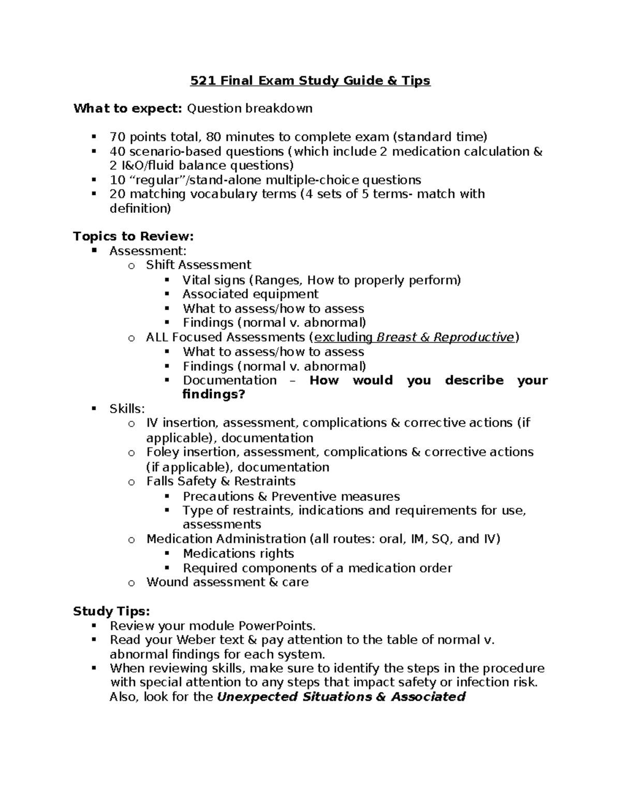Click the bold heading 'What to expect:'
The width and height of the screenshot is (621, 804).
click(x=127, y=108)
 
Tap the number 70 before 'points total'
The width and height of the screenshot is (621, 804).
click(x=117, y=137)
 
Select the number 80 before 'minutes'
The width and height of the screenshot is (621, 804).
click(x=214, y=137)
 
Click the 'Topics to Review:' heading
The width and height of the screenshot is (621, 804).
click(x=134, y=237)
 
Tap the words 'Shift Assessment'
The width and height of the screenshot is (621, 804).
click(x=199, y=265)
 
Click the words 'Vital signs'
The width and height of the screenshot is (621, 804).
click(x=214, y=281)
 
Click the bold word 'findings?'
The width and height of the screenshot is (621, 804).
click(x=214, y=394)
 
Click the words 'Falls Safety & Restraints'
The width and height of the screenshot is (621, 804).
click(x=221, y=481)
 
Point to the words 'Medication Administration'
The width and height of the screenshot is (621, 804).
click(x=226, y=539)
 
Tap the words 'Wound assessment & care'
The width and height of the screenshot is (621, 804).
click(x=228, y=582)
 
